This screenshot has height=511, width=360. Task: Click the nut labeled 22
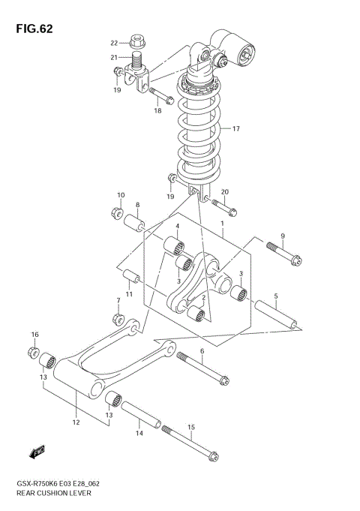[x=137, y=39]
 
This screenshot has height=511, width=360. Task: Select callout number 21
[x=115, y=58]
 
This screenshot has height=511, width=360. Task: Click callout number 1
[x=222, y=224]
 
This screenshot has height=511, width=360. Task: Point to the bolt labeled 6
[x=202, y=370]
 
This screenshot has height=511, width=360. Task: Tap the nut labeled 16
[x=34, y=351]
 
